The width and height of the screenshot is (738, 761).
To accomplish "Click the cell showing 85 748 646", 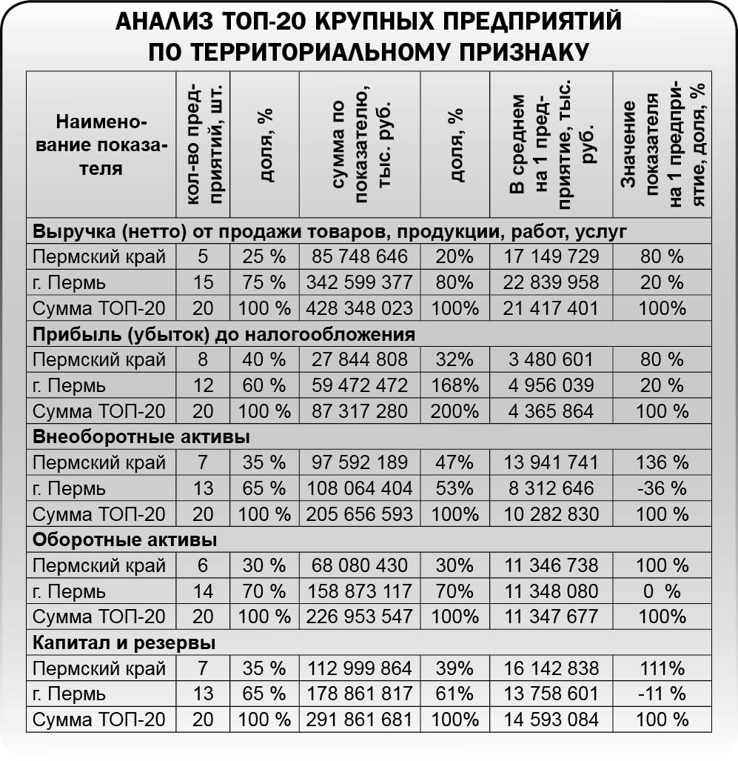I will [360, 257].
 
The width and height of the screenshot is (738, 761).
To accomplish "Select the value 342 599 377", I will [360, 282].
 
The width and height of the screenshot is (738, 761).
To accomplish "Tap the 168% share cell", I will [454, 385].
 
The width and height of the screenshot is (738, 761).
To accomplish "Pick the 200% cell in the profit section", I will [454, 411].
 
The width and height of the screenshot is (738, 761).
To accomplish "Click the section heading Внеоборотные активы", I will [141, 436].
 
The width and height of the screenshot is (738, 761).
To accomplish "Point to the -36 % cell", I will [662, 488].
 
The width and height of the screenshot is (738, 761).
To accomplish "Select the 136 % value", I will [662, 463].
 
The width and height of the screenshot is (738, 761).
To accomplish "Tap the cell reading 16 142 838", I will [551, 668].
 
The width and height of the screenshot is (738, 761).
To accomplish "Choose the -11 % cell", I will [662, 694].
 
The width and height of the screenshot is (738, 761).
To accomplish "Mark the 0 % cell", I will [662, 591].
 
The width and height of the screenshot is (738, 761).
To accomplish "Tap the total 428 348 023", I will [360, 308].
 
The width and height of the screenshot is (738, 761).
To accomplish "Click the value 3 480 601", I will [551, 360].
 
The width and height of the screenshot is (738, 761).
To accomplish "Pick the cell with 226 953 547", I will [360, 617].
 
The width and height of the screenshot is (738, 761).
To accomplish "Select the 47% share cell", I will [454, 463].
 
